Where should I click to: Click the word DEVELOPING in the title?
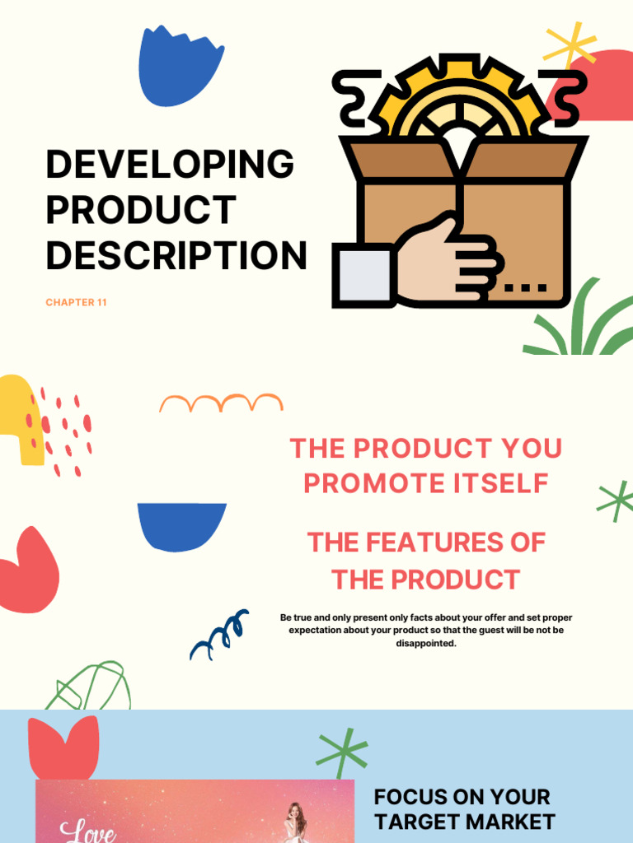pos(170,165)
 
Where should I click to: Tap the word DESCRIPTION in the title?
pos(176,255)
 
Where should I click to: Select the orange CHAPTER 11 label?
pos(76,302)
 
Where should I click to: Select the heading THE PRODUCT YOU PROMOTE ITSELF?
pos(425,466)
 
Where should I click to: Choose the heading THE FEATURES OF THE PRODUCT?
pos(425,561)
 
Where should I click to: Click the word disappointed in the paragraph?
pos(425,643)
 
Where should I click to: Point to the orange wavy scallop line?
pos(221,403)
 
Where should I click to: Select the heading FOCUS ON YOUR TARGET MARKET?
pos(464,808)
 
